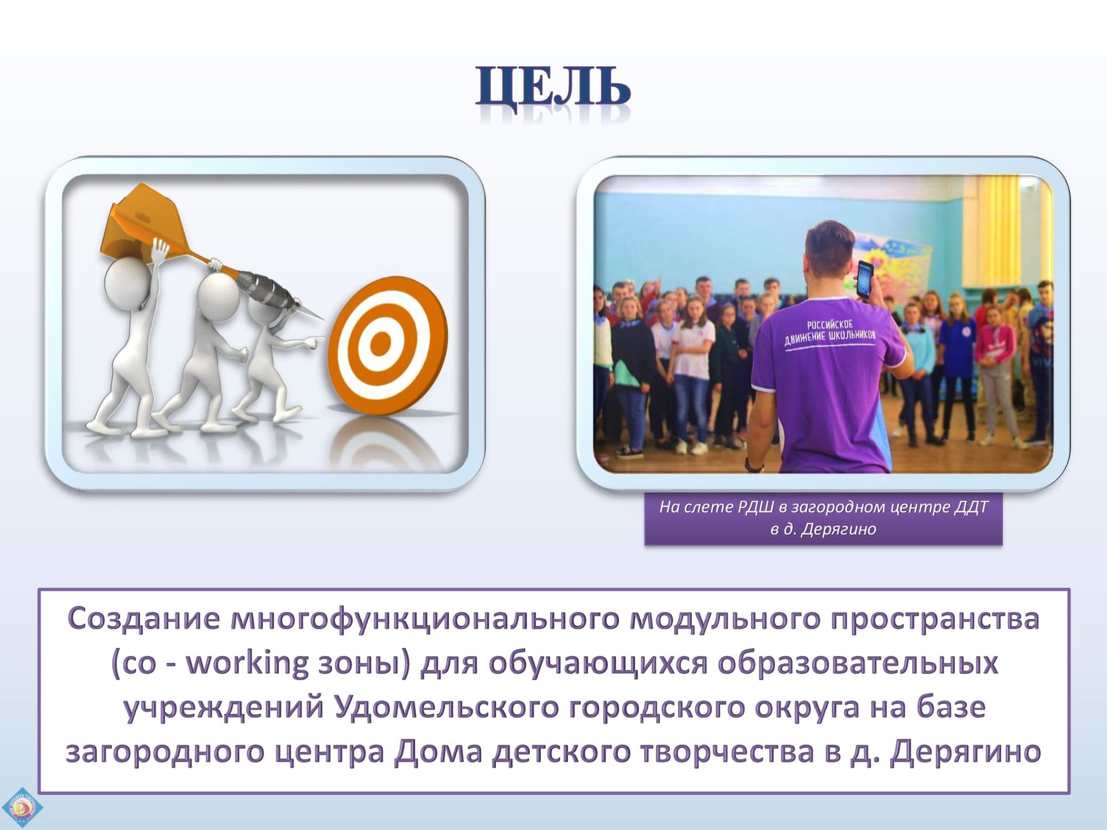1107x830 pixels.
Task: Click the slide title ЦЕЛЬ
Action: [553, 87]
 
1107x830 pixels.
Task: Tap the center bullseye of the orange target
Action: [380, 344]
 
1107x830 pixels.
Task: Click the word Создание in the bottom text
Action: [144, 618]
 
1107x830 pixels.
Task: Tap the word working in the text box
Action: [248, 663]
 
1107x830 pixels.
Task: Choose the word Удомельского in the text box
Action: [447, 707]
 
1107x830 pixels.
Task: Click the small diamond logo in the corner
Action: [22, 807]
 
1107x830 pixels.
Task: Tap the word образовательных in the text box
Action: [857, 663]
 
